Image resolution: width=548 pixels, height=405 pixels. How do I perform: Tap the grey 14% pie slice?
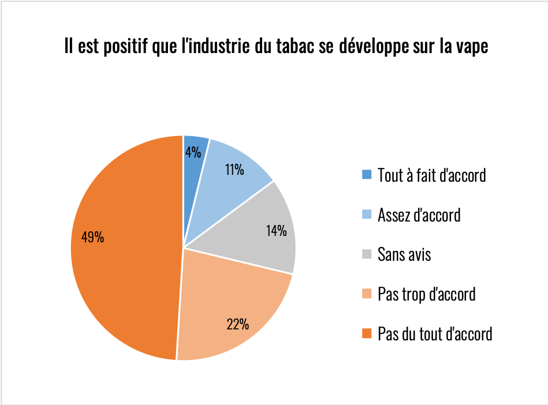(260, 242)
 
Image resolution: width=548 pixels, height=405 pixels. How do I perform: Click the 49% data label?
(92, 237)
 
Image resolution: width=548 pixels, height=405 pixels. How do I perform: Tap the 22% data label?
(237, 324)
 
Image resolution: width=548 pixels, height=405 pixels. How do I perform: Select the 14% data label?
(276, 231)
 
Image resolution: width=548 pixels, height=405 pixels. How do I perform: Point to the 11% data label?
(234, 170)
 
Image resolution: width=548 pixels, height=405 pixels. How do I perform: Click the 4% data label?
(193, 152)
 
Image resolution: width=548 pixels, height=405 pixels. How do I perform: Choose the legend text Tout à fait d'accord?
(431, 175)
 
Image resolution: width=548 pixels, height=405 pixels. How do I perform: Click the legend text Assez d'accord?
(419, 215)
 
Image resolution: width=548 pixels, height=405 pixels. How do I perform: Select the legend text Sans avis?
(404, 254)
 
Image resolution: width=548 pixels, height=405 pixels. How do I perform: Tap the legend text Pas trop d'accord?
(426, 294)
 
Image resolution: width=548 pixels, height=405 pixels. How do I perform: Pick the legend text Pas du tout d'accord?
(434, 333)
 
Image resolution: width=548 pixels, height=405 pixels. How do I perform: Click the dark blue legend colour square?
(367, 175)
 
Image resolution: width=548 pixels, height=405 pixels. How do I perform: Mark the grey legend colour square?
(367, 254)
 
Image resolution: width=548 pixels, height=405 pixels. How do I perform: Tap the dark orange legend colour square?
(367, 333)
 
